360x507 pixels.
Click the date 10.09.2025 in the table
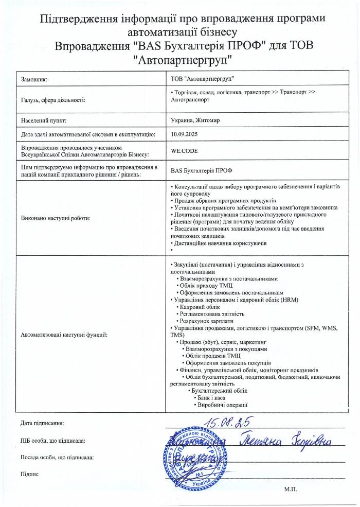184,134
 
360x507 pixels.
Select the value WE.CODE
184,151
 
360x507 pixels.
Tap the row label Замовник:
34,80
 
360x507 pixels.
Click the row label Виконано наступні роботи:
56,218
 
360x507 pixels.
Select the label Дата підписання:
42,423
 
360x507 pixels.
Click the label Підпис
29,474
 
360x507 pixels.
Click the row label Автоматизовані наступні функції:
64,335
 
